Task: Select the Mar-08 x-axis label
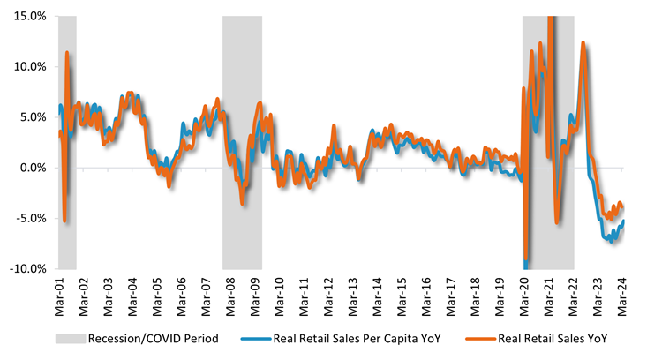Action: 230,293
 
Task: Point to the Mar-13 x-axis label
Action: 352,293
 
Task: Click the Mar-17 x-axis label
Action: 450,293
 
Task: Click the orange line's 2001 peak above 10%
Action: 67,54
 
